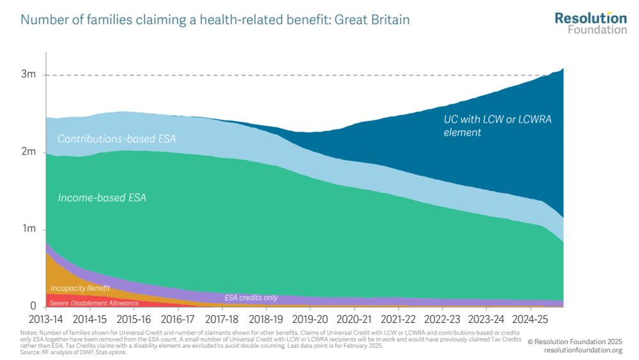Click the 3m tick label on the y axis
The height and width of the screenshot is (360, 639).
pos(28,75)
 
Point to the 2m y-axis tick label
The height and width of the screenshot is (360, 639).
pos(28,152)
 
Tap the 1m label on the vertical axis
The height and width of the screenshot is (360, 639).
pos(28,230)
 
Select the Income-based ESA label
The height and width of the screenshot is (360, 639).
pos(102,198)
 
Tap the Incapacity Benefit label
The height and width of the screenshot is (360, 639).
pos(81,289)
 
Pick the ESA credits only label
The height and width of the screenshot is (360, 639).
pos(250,298)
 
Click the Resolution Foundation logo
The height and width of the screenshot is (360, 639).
pos(590,22)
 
